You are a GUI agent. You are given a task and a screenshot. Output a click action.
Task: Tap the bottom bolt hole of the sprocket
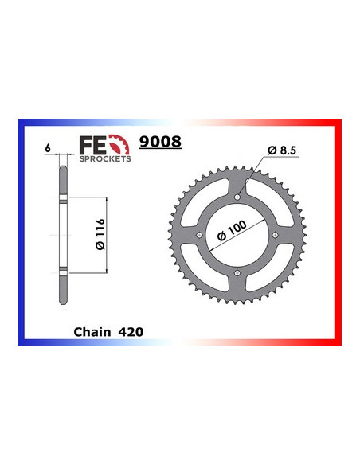237,275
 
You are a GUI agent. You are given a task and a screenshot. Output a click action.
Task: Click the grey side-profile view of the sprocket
62,235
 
